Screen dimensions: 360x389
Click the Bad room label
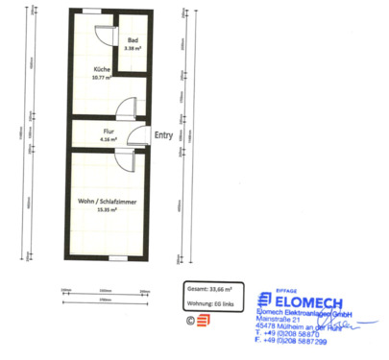pos(132,39)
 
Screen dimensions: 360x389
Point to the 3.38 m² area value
pos(132,47)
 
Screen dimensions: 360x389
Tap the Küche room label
pos(101,71)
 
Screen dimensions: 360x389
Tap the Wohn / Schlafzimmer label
pos(106,200)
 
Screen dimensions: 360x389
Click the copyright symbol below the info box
pos(190,320)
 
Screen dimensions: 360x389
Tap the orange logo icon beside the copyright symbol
pos(204,320)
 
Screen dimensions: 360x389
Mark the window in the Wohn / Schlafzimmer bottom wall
pos(114,257)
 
